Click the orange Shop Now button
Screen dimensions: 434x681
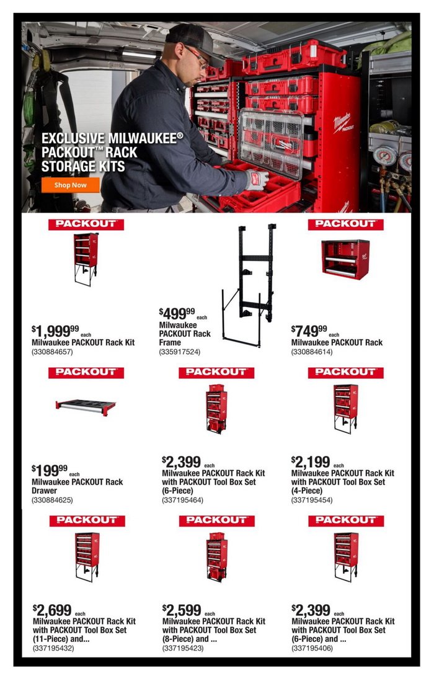(x=70, y=185)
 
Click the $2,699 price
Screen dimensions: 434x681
(x=52, y=610)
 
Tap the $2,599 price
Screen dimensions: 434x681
(x=182, y=610)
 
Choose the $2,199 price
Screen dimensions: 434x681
(x=311, y=462)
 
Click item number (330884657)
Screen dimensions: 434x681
(x=52, y=352)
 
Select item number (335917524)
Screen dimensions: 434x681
(x=180, y=352)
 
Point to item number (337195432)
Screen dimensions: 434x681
(x=53, y=648)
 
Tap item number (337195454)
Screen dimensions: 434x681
(x=312, y=500)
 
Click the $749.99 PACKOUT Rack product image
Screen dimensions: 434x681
(x=345, y=259)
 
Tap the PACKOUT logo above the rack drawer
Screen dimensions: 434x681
(x=86, y=373)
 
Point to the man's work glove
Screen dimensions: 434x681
(x=257, y=180)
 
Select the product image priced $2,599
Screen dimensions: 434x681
(x=216, y=557)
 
